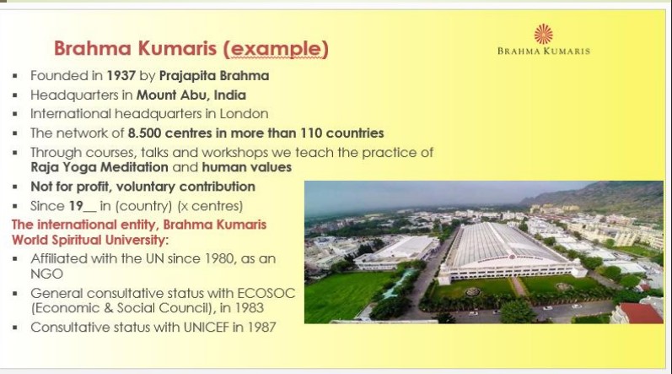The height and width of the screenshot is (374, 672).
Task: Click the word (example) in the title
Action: coord(276,48)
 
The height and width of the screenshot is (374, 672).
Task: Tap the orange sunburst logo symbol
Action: coord(544,34)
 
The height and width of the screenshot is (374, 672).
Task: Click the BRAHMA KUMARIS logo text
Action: coord(544,51)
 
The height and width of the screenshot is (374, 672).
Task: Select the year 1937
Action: coord(121,76)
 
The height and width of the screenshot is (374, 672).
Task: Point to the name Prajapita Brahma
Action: coord(214,76)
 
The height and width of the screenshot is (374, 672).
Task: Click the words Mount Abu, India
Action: coord(191,95)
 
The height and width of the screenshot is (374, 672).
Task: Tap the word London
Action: coord(244,114)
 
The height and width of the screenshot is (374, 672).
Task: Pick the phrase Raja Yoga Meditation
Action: coord(99,167)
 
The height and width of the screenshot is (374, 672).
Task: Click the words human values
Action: coord(247,167)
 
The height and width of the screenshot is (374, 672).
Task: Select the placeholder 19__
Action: coord(83,206)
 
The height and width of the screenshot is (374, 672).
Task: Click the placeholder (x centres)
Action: coord(210,206)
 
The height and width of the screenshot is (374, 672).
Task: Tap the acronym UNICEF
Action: coord(207,328)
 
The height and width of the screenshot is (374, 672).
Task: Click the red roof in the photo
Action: coord(641,312)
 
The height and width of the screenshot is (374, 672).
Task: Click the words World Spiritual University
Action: coord(88,240)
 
